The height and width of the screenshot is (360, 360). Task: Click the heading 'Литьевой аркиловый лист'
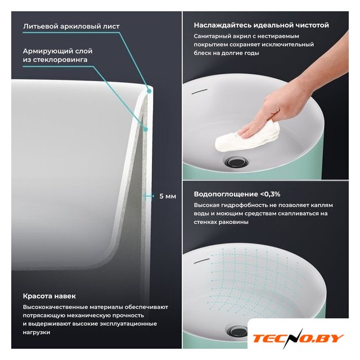point(71,26)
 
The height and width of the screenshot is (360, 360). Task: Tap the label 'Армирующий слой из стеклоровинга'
point(57,55)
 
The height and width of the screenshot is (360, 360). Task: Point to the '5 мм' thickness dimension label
point(168,196)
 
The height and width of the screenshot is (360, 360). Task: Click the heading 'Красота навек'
point(49,296)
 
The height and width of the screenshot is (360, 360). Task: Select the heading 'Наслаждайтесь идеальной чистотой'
point(261,25)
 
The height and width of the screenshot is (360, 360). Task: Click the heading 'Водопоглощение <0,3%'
point(237,194)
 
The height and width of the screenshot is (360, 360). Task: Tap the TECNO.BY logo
point(298,339)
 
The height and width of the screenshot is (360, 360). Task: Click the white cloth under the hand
point(248,138)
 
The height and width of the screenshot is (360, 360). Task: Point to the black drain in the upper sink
point(236,161)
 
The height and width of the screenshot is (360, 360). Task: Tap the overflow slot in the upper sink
point(200,91)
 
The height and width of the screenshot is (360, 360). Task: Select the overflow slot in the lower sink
point(202,261)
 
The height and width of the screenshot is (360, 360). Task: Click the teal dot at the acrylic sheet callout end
point(149,91)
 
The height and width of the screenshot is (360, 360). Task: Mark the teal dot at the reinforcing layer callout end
point(145,129)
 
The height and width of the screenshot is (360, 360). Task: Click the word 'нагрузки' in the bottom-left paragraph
point(37,332)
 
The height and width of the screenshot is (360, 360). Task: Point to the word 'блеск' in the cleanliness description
point(201,53)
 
